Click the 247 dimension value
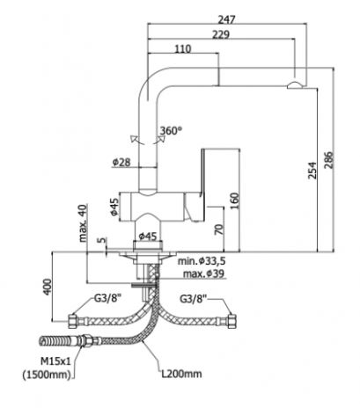227,19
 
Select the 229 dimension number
221,35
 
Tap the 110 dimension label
183,48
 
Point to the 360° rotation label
171,131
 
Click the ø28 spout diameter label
121,162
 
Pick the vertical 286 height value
329,160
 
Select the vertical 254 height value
312,171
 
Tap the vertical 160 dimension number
235,200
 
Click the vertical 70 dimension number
218,229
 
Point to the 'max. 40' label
83,222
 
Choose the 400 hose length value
47,287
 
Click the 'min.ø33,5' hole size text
202,260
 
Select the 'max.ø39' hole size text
203,274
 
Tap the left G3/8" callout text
107,299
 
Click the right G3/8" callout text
193,299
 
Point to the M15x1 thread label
55,361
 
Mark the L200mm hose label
181,374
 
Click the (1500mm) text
47,375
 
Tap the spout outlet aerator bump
297,85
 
